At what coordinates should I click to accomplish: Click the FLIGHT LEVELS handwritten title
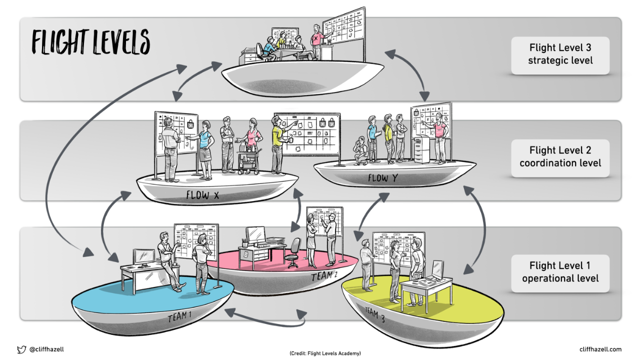pos(90,41)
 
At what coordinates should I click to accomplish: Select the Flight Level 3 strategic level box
pos(560,54)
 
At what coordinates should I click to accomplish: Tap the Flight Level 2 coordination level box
pos(560,156)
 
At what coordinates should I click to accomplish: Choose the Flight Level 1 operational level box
pos(560,272)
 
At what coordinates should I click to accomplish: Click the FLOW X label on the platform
pos(202,195)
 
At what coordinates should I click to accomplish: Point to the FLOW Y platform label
pos(383,178)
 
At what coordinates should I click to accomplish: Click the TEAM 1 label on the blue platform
pos(178,316)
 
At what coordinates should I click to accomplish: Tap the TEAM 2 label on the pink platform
pos(324,275)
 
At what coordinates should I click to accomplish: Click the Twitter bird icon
pos(21,349)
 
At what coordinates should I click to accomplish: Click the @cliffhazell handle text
pos(46,349)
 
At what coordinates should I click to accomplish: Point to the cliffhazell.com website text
pos(600,349)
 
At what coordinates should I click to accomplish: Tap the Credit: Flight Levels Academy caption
pos(324,353)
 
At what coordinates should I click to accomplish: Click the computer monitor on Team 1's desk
pos(144,256)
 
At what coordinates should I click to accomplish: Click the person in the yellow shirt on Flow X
pos(278,145)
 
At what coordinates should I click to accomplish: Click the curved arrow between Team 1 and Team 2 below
pos(265,320)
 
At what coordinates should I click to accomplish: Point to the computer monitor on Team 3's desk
pos(437,269)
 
